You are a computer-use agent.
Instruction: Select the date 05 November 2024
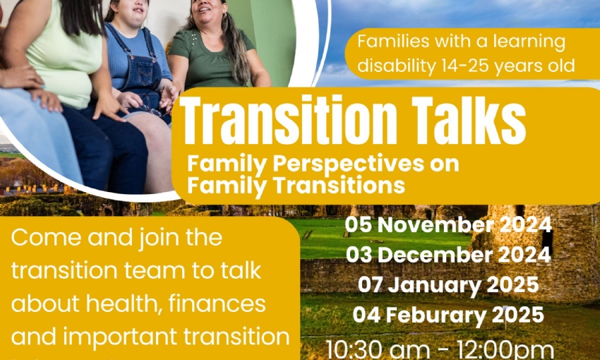click(x=448, y=224)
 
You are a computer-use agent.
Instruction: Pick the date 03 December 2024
click(x=448, y=255)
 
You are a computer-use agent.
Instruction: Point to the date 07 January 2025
click(x=448, y=285)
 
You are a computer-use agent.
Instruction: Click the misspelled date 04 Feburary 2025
click(x=448, y=316)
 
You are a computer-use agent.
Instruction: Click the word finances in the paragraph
click(x=217, y=304)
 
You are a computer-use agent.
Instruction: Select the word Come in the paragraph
click(x=46, y=238)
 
